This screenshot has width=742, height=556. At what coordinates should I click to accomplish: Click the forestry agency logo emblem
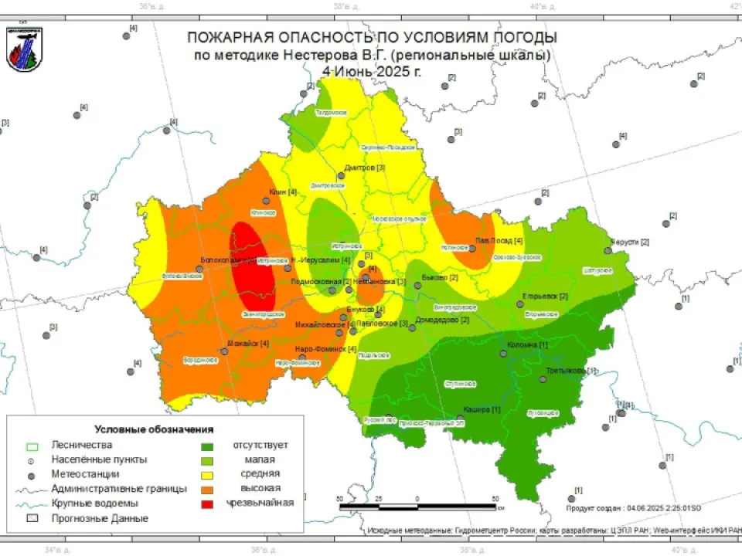coord(23,49)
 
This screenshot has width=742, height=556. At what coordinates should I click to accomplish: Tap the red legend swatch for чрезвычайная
coord(208,503)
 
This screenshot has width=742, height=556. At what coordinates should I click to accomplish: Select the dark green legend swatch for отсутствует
coord(208,446)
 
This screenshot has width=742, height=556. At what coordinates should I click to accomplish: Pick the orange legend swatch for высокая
coord(208,489)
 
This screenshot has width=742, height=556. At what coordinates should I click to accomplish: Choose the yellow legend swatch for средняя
coord(208,474)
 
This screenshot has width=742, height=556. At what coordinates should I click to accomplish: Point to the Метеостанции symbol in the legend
coord(32,474)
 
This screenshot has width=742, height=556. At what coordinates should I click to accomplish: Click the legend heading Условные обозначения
coord(154,429)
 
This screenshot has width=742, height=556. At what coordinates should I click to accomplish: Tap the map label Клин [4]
coord(283,192)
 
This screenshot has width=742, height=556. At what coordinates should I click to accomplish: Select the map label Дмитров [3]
coord(365,168)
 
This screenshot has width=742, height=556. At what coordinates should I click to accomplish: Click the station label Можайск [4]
coord(248,343)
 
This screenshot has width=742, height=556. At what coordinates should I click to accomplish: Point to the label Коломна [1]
coord(527,344)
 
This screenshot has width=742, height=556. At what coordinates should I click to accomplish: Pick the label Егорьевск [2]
coord(546,297)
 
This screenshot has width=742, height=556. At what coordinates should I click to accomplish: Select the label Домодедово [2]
coord(442,320)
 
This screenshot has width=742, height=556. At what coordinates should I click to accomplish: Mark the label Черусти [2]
coord(630,242)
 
